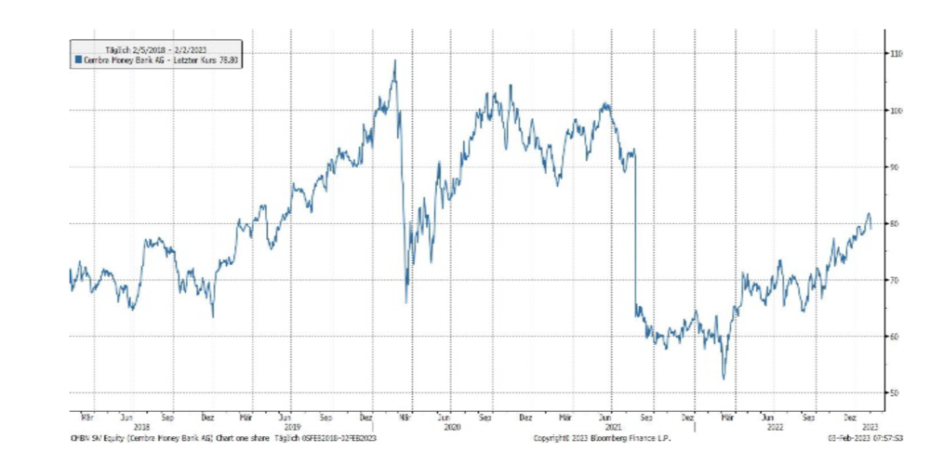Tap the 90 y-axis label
(x=896, y=166)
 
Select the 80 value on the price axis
(x=896, y=223)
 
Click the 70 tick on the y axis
(x=896, y=280)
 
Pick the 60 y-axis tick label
(x=896, y=337)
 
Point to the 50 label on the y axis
(x=896, y=392)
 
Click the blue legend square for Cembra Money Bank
(x=78, y=60)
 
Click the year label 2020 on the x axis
(x=452, y=428)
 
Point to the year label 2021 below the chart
(x=612, y=428)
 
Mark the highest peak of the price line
(x=395, y=60)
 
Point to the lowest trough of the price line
(x=724, y=379)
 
